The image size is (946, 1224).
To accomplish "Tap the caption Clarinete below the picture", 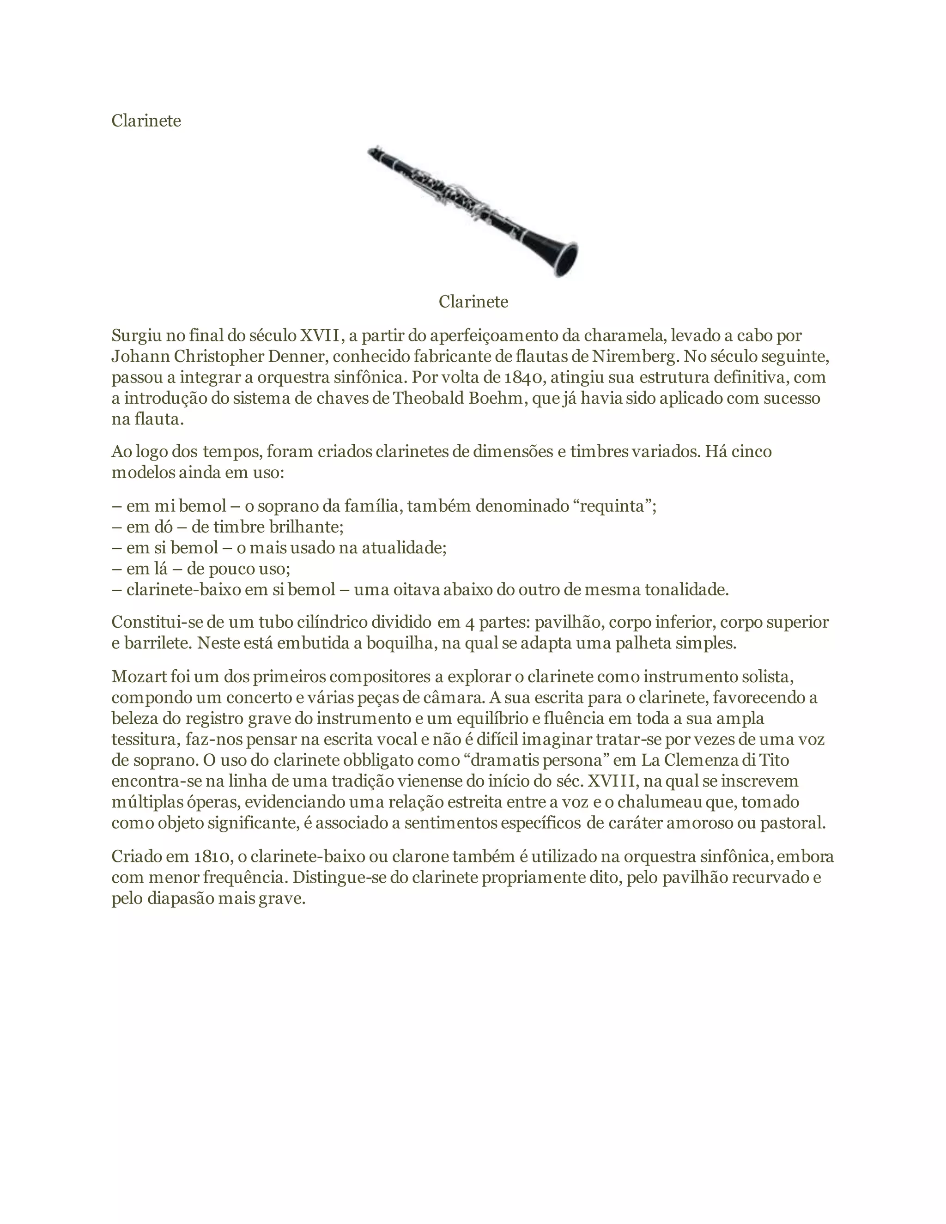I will click(473, 302).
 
